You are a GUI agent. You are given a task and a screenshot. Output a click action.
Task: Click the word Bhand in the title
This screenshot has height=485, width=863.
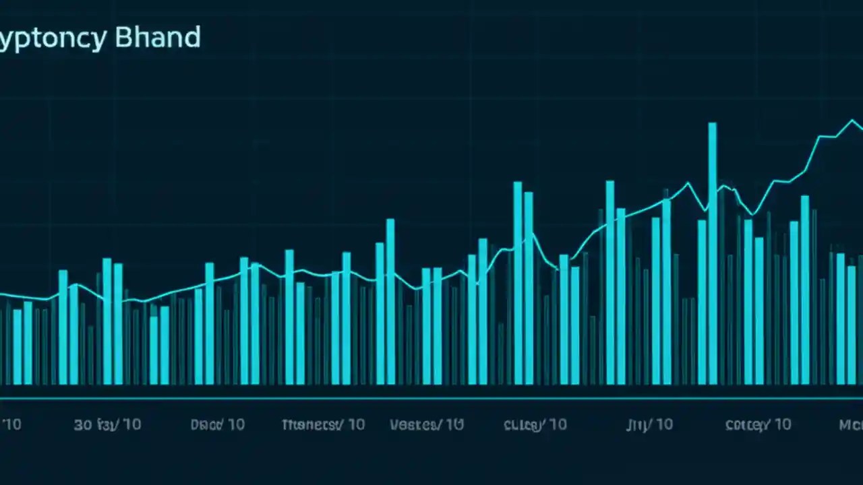pyautogui.click(x=158, y=38)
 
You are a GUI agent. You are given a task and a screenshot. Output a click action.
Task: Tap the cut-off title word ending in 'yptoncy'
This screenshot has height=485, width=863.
pyautogui.click(x=53, y=39)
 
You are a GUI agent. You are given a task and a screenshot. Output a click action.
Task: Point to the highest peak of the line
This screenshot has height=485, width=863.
pyautogui.click(x=852, y=121)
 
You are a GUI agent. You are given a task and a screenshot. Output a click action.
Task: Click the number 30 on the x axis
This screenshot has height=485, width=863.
pyautogui.click(x=83, y=424)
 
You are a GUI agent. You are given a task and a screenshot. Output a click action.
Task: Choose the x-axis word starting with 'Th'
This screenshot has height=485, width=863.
pyautogui.click(x=308, y=424)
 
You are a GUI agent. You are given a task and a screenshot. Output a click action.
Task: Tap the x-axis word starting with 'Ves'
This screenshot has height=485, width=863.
pyautogui.click(x=414, y=424)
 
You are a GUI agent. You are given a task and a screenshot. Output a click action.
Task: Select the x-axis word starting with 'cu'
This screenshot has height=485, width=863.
pyautogui.click(x=522, y=424)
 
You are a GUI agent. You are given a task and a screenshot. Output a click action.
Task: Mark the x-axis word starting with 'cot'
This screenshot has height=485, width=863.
pyautogui.click(x=746, y=424)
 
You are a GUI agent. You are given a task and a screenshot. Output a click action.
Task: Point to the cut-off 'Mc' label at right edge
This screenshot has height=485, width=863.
pyautogui.click(x=850, y=424)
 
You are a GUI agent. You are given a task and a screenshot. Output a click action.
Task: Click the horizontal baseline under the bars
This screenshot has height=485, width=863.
pyautogui.click(x=431, y=398)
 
